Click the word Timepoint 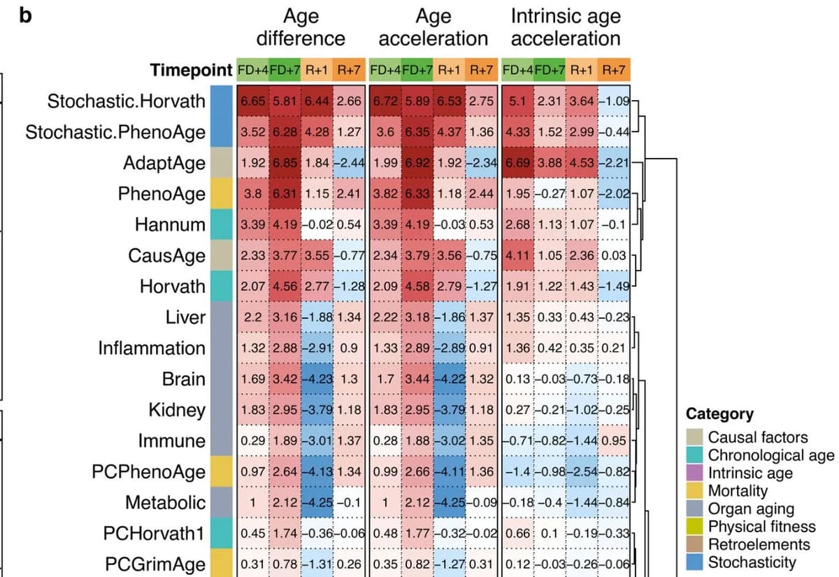pos(191,71)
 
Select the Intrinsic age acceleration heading pos(565,27)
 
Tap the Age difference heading pos(301,27)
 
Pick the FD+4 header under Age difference pos(252,70)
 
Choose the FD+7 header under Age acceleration pos(417,70)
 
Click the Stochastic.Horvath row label pos(127,101)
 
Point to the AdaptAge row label pos(164,163)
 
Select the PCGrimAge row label pos(155,564)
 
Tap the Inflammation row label pos(152,348)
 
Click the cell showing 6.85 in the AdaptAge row pos(285,163)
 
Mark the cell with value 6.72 pos(385,101)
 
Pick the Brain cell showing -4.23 pos(317,378)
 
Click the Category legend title pos(719,413)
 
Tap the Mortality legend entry pos(738,490)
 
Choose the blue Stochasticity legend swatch pos(694,562)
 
